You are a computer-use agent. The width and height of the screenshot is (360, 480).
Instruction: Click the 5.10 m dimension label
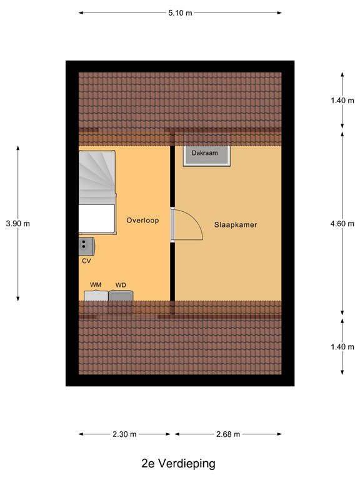(181, 12)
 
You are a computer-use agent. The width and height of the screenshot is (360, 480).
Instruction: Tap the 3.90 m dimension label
(17, 223)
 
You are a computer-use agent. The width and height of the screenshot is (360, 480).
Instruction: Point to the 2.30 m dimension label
(125, 434)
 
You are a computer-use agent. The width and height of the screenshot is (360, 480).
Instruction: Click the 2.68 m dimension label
(227, 434)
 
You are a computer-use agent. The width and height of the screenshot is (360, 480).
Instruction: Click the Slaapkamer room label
(236, 224)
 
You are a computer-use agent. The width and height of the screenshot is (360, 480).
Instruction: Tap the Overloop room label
(142, 220)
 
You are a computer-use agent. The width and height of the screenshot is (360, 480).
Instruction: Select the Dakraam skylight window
(206, 156)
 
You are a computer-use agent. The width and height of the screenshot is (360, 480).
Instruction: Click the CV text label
(86, 261)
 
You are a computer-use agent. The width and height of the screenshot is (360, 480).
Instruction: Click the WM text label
(96, 285)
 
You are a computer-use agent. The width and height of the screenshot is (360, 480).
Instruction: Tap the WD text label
(121, 285)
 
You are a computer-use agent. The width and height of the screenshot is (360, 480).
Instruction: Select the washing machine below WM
(96, 296)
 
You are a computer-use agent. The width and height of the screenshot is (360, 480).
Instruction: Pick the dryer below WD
(121, 296)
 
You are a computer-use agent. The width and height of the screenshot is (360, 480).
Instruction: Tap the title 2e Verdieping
(178, 463)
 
